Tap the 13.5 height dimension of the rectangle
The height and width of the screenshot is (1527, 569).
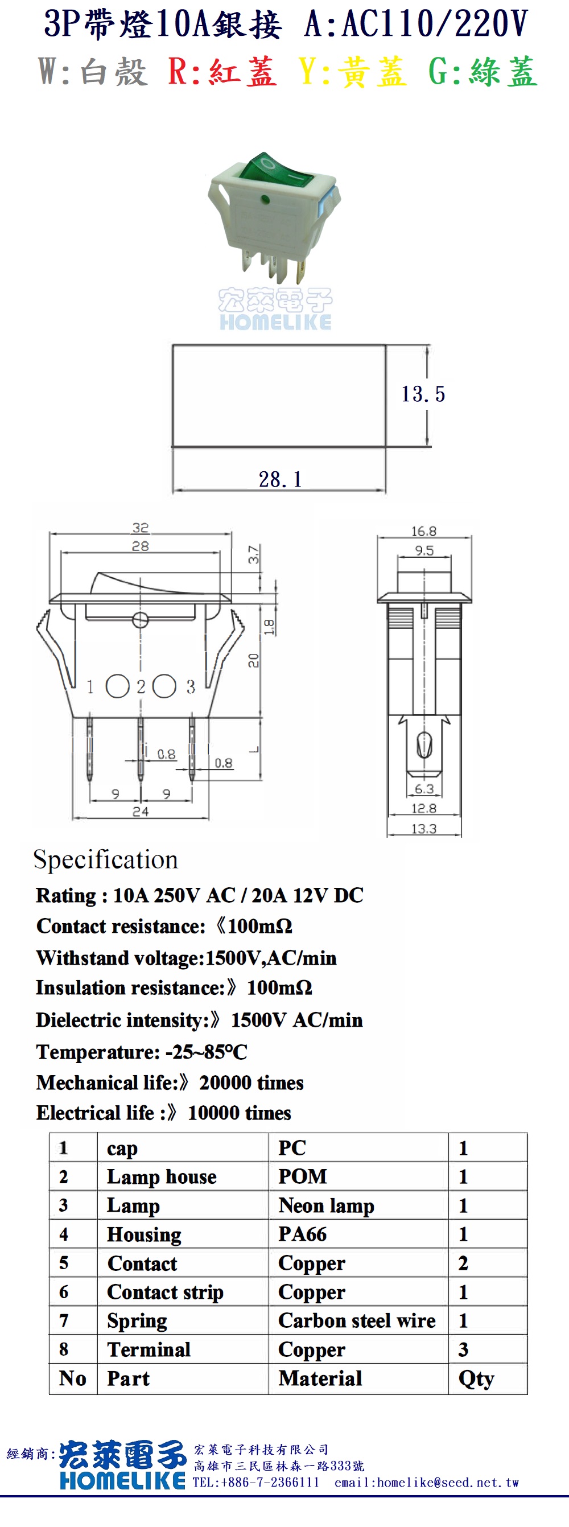click(423, 394)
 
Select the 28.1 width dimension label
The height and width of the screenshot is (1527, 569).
click(281, 479)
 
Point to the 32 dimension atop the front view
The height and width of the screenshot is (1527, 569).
click(141, 528)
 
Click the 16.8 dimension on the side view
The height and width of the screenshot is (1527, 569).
click(424, 531)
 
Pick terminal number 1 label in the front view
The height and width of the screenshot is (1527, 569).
click(90, 686)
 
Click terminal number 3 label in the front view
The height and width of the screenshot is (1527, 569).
click(191, 686)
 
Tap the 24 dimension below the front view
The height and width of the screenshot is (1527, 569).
click(141, 812)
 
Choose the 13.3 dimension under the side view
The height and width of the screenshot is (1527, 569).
click(424, 829)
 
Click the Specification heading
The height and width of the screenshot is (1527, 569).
click(105, 860)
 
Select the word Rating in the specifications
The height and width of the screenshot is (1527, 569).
click(66, 896)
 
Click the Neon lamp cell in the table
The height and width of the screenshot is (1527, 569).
click(327, 1205)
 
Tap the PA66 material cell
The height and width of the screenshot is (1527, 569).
click(303, 1234)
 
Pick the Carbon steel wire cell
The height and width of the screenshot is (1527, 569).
click(357, 1321)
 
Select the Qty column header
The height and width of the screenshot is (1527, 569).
click(476, 1379)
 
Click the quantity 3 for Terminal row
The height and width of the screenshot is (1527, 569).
click(464, 1350)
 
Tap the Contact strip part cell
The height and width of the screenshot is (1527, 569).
click(166, 1293)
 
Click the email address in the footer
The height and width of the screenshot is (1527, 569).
click(427, 1483)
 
